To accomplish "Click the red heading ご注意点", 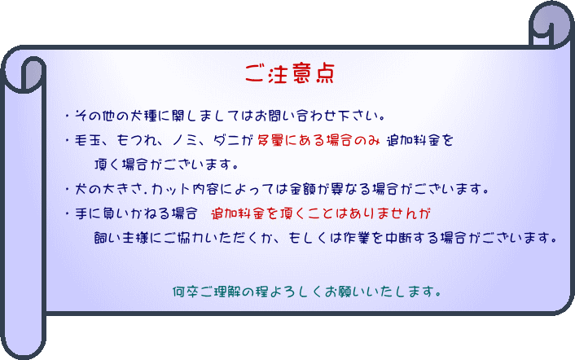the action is coord(290,73).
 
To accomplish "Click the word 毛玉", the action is coord(88,140).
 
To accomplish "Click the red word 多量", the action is coord(270,140).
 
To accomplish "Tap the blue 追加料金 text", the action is coord(413,140).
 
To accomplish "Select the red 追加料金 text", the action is coord(237,213).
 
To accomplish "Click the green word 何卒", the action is coord(186,292).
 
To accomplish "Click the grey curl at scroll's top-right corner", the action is coord(552,22).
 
